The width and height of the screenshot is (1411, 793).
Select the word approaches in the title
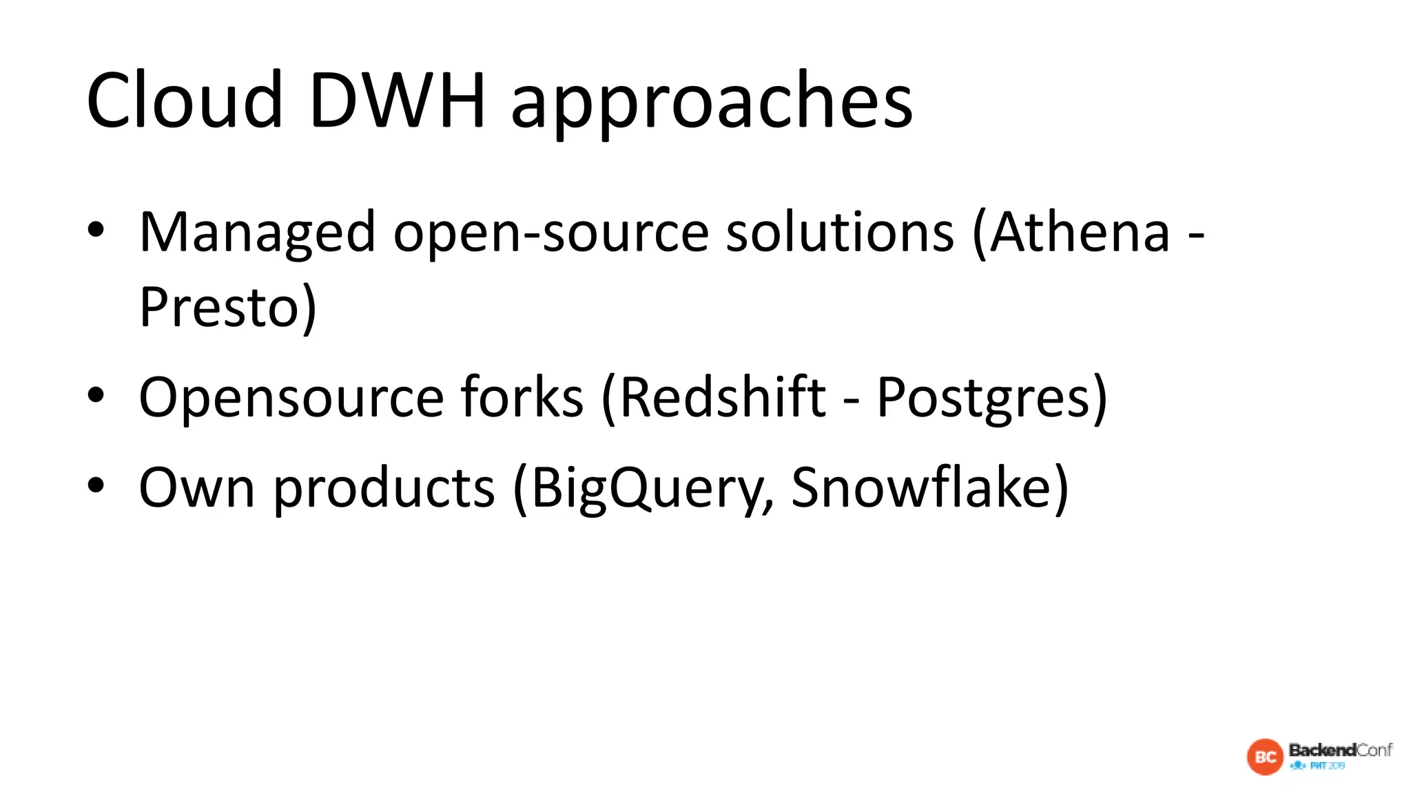pos(711,103)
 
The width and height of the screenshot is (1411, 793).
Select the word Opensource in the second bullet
pos(291,398)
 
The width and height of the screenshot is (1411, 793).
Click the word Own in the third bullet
pos(197,487)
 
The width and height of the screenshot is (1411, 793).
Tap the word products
pos(384,489)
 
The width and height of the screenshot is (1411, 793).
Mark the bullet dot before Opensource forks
pos(96,395)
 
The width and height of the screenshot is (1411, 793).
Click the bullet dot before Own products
pos(96,485)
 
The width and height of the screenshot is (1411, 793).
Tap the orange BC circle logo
pos(1265,757)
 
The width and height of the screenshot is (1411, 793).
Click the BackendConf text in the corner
pos(1340,750)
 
